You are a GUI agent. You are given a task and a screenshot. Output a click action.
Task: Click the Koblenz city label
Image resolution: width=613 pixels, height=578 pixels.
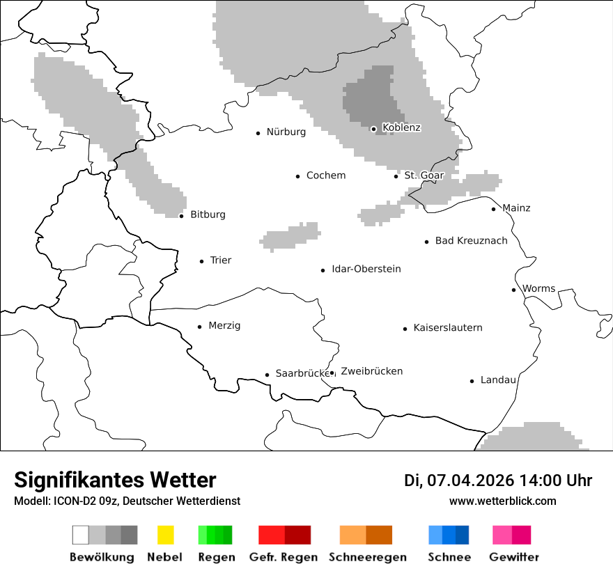point(401,127)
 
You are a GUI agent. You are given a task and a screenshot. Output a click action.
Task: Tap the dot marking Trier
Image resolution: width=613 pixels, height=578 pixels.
point(202,261)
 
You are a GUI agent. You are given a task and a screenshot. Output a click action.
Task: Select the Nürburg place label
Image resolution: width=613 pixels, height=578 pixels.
point(286,132)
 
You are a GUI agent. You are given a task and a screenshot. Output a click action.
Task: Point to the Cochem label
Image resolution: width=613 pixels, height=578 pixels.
point(325,175)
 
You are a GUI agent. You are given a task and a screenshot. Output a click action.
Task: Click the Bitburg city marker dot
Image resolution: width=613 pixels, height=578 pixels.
point(182,215)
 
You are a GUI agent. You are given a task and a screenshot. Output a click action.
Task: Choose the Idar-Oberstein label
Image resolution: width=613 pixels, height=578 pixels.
point(366,269)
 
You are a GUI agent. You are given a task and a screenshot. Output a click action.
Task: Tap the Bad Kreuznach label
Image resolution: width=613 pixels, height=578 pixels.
point(471,241)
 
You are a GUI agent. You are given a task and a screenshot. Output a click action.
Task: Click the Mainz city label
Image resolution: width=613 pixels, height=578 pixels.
point(515,208)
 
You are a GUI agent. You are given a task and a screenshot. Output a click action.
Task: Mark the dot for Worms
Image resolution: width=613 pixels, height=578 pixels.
point(514,290)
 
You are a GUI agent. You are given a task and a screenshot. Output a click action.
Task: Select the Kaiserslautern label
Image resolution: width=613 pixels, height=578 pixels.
point(447,328)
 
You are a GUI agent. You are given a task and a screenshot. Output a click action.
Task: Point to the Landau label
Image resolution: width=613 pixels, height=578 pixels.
point(497,380)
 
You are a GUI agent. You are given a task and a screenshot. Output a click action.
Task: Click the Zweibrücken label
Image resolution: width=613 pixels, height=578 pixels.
point(371,371)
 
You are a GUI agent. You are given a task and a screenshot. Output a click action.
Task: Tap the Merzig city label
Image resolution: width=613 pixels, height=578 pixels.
point(224,326)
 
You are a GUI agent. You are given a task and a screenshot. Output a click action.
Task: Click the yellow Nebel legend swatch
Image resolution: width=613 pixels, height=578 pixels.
point(165,535)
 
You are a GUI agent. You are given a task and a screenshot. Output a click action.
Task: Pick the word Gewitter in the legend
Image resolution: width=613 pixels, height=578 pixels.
point(513,557)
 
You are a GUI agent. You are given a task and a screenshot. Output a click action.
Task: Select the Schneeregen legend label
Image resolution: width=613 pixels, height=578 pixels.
point(367,557)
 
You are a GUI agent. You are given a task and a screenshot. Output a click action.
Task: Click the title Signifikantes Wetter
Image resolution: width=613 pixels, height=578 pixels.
point(115,480)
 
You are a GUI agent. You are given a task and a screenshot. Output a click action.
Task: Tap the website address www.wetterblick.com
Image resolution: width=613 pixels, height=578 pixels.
point(502,501)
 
